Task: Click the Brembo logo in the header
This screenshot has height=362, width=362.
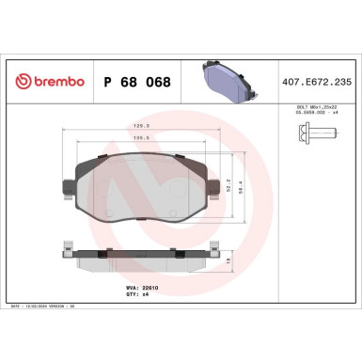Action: (46, 81)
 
